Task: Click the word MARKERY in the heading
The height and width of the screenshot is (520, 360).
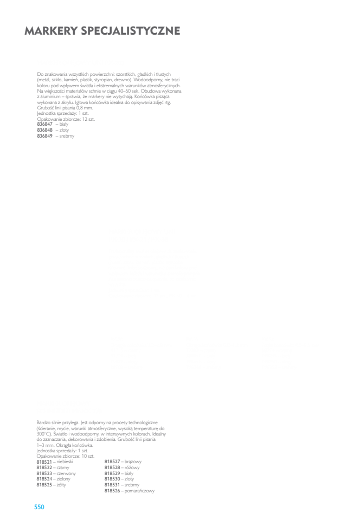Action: tap(51, 31)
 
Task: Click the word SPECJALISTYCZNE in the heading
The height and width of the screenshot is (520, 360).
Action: tap(131, 31)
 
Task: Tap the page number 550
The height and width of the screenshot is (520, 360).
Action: tap(39, 507)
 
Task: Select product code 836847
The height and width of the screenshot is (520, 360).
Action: tap(45, 124)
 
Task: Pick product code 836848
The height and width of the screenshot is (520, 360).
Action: tap(45, 130)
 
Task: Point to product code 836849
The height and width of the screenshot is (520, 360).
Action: tap(45, 136)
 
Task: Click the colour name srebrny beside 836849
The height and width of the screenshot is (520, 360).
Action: tap(67, 136)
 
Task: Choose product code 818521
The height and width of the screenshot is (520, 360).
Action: tap(44, 461)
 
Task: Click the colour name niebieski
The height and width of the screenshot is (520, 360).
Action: tap(65, 461)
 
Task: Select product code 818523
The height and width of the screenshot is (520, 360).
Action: tap(44, 473)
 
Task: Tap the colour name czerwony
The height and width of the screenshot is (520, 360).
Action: tap(66, 473)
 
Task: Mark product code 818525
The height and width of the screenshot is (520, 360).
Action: tap(44, 485)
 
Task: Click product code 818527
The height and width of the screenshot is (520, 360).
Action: tap(112, 461)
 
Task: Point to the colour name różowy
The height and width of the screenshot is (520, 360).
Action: tap(132, 467)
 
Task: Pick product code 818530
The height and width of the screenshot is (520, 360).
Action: tap(112, 479)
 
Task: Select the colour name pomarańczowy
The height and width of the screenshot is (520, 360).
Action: tap(140, 491)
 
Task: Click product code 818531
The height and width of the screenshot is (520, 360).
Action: tap(112, 485)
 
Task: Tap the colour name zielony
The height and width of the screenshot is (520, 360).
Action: tap(63, 479)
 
